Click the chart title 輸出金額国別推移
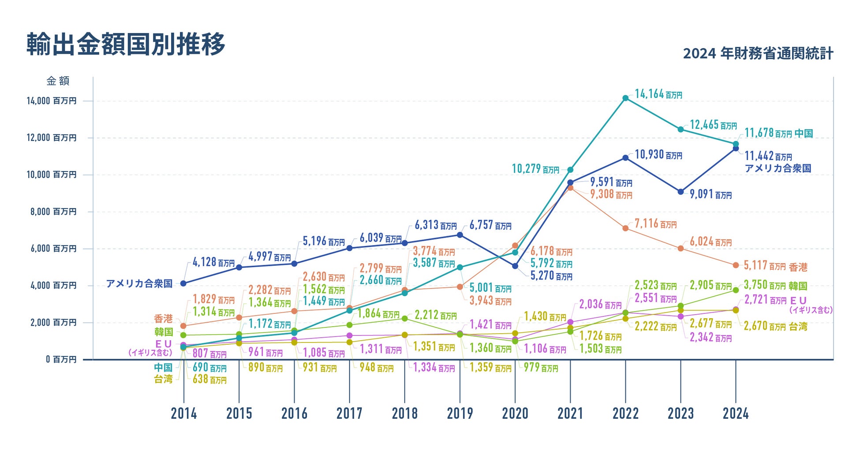[x=126, y=44]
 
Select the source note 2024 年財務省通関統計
[x=758, y=54]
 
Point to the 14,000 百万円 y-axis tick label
[x=51, y=101]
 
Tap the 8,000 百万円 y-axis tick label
[x=53, y=212]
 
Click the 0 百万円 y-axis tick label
[x=61, y=360]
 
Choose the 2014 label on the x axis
[x=184, y=413]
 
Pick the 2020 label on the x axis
[x=515, y=413]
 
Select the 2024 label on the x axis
[x=736, y=413]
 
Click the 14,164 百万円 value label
[x=658, y=94]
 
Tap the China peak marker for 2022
[x=625, y=98]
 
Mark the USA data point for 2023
[x=681, y=192]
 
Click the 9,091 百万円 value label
[x=710, y=194]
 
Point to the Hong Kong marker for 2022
[x=625, y=228]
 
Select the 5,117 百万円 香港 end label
[x=775, y=266]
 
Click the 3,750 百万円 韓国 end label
[x=775, y=286]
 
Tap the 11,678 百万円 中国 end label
[x=778, y=133]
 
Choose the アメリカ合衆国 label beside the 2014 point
[x=139, y=284]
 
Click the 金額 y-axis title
[x=58, y=81]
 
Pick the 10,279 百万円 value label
[x=535, y=169]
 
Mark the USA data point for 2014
[x=183, y=283]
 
